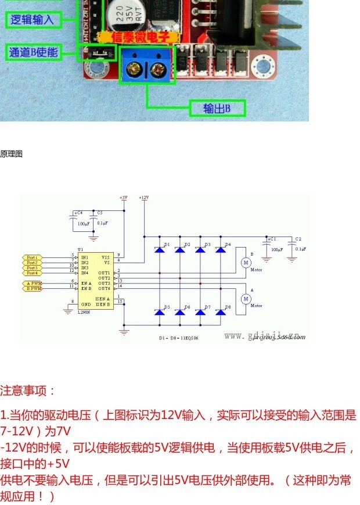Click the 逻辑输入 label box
click(x=33, y=19)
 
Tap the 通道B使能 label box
click(x=34, y=52)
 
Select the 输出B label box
click(x=217, y=108)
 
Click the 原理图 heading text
click(x=11, y=154)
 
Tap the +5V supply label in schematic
click(x=123, y=198)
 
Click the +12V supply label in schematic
click(x=144, y=198)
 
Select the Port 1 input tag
click(x=33, y=257)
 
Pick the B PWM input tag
click(x=34, y=288)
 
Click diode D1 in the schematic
click(x=159, y=249)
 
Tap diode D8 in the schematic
click(x=220, y=312)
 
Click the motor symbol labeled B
click(x=245, y=263)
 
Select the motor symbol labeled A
click(x=245, y=298)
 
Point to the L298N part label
click(x=85, y=312)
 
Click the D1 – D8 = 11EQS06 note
click(x=181, y=338)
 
